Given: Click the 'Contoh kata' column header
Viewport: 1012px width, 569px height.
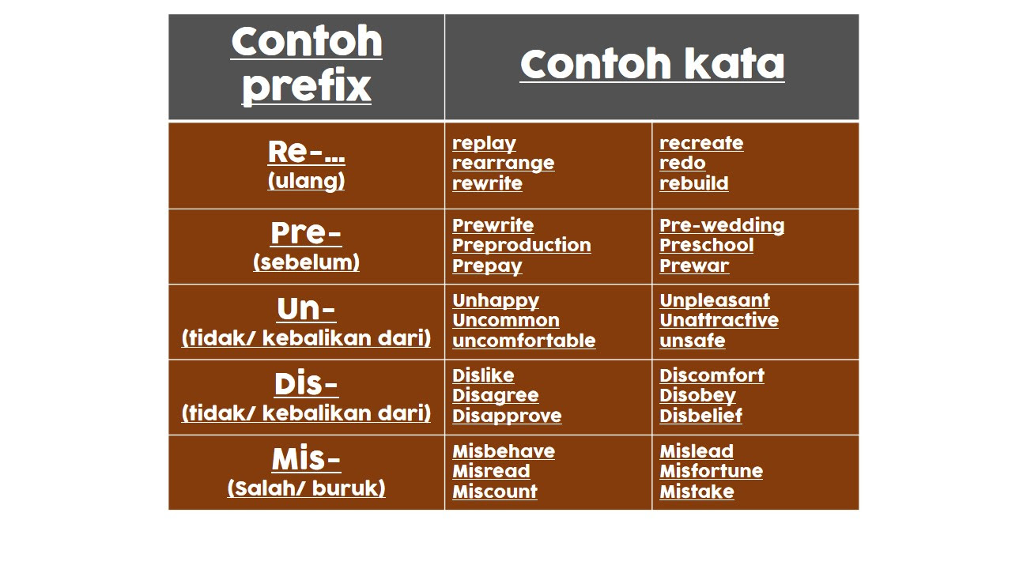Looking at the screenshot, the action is pos(652,64).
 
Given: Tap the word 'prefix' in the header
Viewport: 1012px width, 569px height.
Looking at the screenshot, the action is pos(306,86).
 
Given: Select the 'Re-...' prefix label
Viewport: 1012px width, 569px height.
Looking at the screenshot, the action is pos(306,152).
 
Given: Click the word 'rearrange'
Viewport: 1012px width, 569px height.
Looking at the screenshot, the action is pos(504,164).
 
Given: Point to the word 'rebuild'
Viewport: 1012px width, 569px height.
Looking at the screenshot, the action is pos(694,183).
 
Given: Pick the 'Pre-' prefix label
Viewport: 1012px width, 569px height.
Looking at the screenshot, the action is pos(306,233).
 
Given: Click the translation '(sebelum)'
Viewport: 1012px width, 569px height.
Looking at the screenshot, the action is pos(306,262).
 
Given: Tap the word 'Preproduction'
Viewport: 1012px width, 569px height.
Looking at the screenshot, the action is pos(521,246).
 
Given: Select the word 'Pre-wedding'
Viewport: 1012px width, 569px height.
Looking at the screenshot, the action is pos(722,225).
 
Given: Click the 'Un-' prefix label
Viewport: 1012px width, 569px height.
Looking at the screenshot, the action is pos(306,309).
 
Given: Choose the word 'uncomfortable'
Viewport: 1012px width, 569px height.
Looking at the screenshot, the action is pos(523,341).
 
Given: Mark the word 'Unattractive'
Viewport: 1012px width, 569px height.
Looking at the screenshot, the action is pos(719,320).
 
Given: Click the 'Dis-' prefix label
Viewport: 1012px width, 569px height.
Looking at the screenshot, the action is pos(306,384).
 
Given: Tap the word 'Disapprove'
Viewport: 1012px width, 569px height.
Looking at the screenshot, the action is pos(507,416).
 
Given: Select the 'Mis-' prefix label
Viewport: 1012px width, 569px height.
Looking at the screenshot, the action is pos(306,460).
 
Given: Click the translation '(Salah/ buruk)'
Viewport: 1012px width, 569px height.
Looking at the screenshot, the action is pos(306,488).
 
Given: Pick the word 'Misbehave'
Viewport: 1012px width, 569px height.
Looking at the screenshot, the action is pos(504,451).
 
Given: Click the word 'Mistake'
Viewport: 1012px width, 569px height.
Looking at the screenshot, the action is pos(697,492).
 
